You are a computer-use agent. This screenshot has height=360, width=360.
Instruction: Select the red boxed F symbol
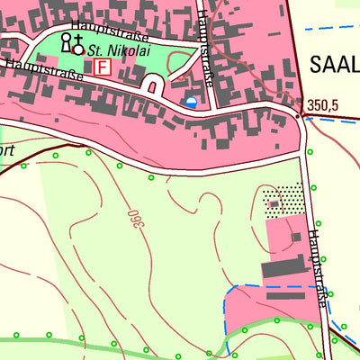pyautogui.click(x=102, y=67)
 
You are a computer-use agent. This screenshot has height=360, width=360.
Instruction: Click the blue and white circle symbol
pyautogui.click(x=191, y=103)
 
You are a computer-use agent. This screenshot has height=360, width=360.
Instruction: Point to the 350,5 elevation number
pyautogui.click(x=321, y=105)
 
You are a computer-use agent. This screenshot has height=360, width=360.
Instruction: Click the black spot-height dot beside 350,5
pyautogui.click(x=298, y=115)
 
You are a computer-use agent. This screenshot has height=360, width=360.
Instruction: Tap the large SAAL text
pyautogui.click(x=333, y=63)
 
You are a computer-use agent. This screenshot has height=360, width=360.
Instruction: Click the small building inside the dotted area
pyautogui.click(x=274, y=205)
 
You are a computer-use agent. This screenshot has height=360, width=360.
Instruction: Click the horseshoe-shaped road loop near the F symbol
pyautogui.click(x=153, y=86)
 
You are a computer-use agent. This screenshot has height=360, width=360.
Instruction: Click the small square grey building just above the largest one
pyautogui.click(x=293, y=236)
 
